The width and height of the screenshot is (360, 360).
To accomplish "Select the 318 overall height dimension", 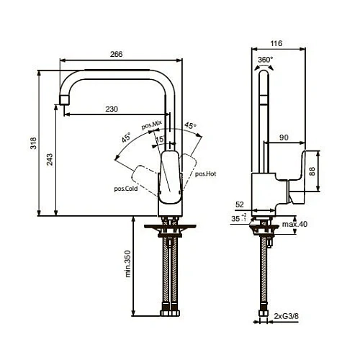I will pyautogui.click(x=32, y=143).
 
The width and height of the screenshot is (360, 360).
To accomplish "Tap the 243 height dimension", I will pyautogui.click(x=50, y=160).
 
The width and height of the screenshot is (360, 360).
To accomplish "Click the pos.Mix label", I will pyautogui.click(x=151, y=126).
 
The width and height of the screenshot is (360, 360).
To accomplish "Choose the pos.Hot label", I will pyautogui.click(x=205, y=174).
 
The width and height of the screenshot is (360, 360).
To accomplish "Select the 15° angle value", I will pyautogui.click(x=161, y=139).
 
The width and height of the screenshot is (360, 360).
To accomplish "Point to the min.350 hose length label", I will pyautogui.click(x=127, y=264).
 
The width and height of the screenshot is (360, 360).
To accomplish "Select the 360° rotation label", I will pyautogui.click(x=266, y=60).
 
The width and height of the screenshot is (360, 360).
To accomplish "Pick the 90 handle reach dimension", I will pyautogui.click(x=284, y=136).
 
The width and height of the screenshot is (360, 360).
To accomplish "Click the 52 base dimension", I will pyautogui.click(x=239, y=204).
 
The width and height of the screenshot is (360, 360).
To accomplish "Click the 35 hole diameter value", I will pyautogui.click(x=235, y=217).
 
